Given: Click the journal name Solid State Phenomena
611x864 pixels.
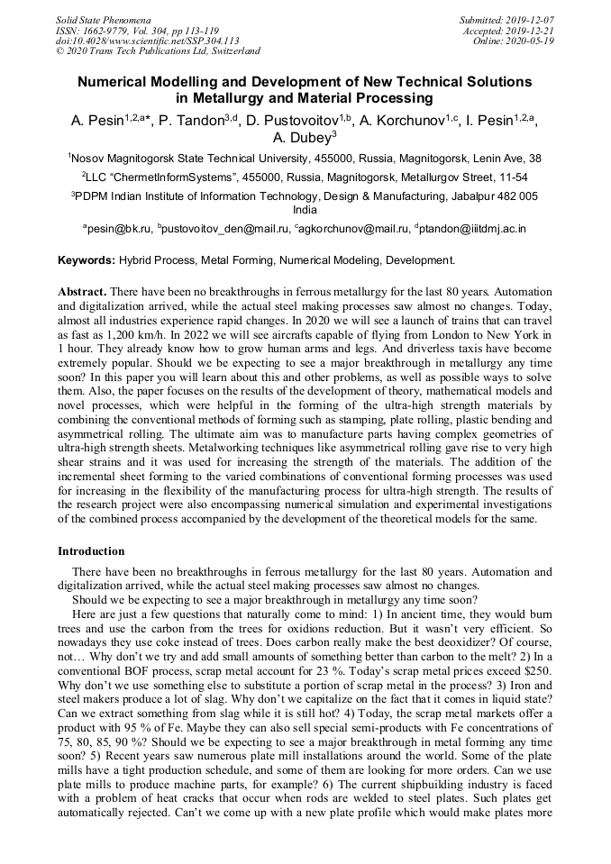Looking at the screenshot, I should click(103, 19).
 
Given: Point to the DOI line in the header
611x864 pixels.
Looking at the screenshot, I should click(147, 41).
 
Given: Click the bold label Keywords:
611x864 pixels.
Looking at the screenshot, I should click(87, 260).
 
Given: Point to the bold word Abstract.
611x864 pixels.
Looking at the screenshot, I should click(82, 292).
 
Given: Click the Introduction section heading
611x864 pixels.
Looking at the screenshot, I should click(91, 550).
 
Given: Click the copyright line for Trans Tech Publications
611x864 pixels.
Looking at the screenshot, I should click(158, 51).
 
